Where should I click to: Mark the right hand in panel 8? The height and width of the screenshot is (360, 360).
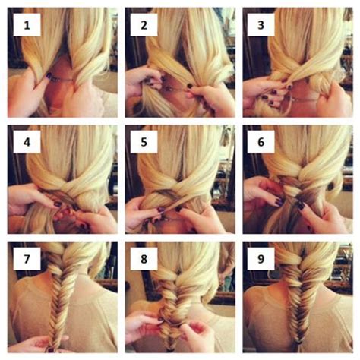point(201,334)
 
